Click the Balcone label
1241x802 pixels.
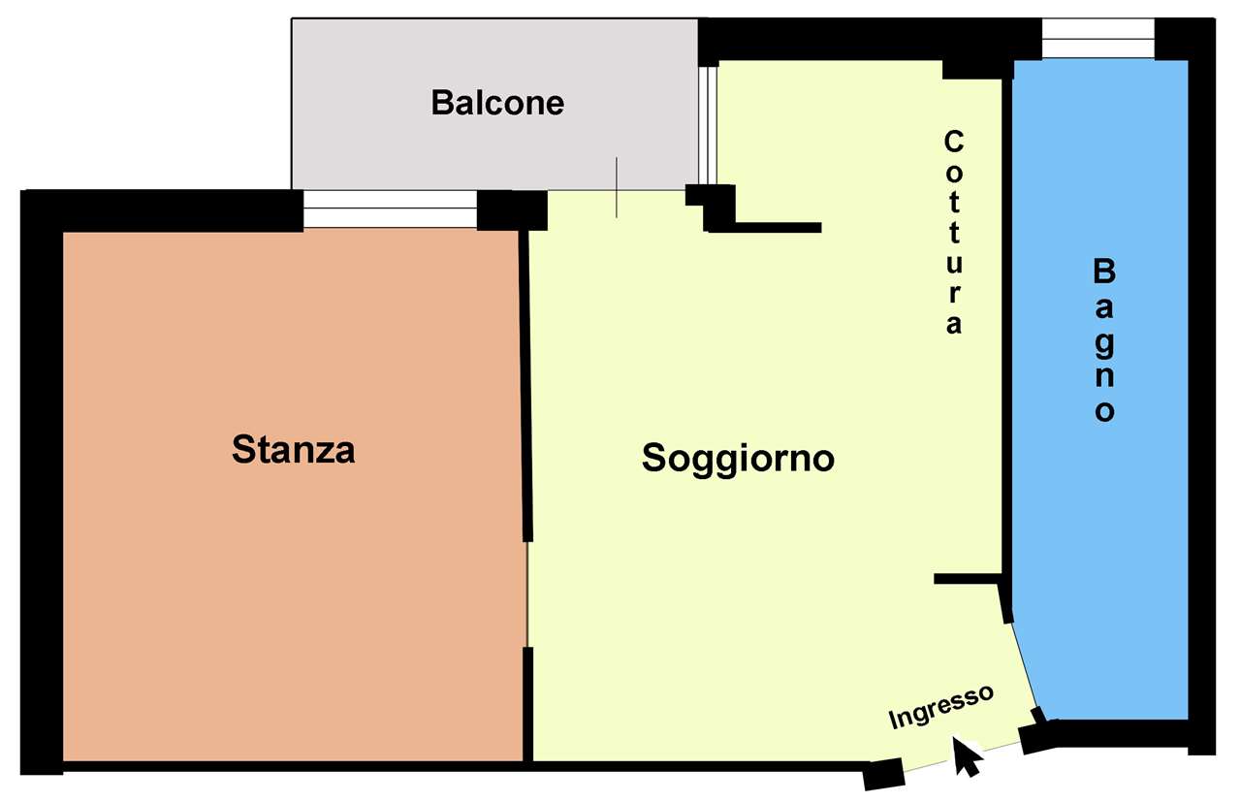(497, 103)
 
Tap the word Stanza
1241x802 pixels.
(293, 449)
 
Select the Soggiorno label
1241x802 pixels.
(738, 459)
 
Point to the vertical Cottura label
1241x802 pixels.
(953, 232)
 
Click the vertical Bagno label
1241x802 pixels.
(1104, 340)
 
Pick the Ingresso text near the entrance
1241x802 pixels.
(940, 707)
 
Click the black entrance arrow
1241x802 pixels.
(967, 756)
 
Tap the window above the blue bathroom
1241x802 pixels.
(1098, 38)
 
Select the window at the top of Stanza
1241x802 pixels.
(390, 209)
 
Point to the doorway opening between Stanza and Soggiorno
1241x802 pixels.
(527, 593)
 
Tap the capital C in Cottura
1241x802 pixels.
(953, 142)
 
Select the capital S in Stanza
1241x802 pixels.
(242, 449)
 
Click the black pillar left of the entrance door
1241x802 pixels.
(883, 774)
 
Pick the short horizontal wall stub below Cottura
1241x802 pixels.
(968, 579)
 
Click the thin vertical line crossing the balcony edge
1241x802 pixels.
(617, 187)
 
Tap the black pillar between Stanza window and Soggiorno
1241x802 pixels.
(512, 210)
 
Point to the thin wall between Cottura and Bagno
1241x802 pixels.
(1007, 327)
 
